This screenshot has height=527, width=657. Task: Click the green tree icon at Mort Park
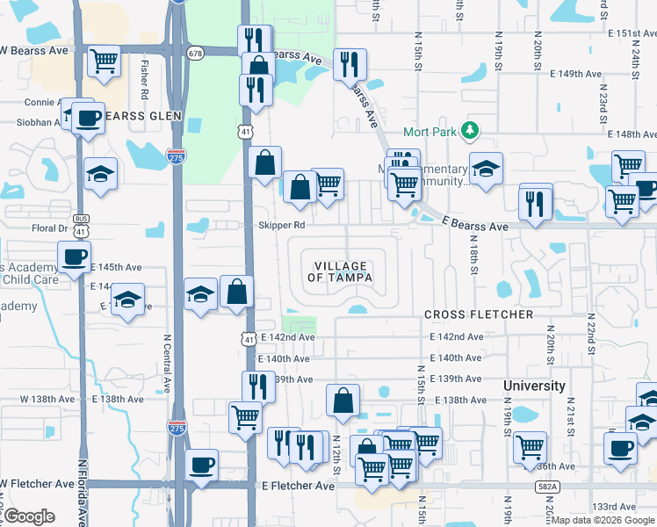coord(471,131)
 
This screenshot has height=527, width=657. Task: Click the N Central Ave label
coord(167,362)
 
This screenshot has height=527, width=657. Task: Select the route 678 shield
coord(195,53)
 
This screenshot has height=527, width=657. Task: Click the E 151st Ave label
coord(632,33)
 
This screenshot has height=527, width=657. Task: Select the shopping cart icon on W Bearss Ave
coord(105,61)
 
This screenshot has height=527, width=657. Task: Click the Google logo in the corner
coord(29,516)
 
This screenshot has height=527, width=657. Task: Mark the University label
coord(534,386)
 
